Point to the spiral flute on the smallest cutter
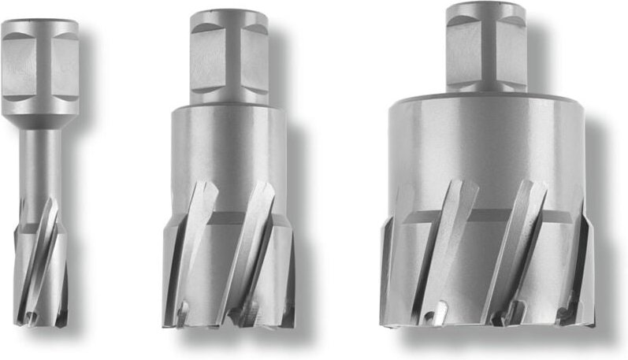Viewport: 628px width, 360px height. coord(45,252)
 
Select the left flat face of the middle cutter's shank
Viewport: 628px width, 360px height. coord(207,59)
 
